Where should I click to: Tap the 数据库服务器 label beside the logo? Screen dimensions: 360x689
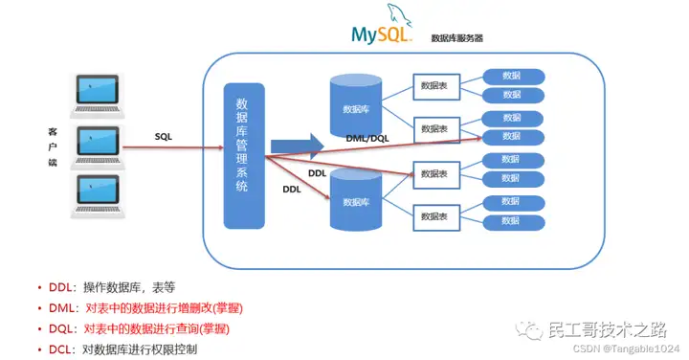456,39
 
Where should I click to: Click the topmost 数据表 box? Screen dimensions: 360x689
433,85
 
